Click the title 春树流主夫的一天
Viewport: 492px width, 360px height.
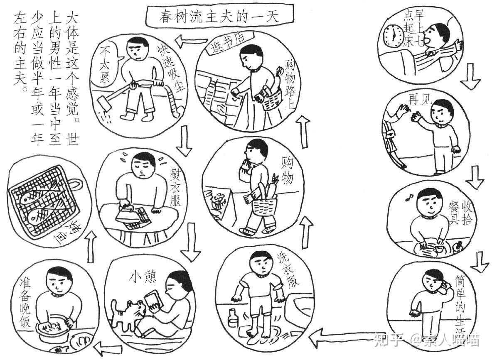[219, 16]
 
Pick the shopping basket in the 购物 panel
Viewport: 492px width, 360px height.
[265, 205]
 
